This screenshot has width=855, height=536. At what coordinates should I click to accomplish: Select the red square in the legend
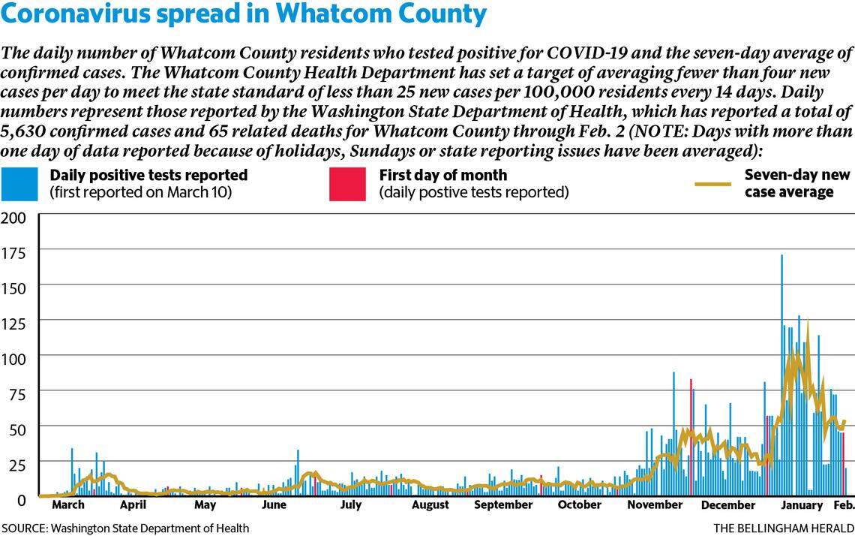348,183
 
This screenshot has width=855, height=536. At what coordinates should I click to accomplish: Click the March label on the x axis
67,505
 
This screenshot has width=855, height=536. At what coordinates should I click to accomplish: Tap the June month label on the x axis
275,505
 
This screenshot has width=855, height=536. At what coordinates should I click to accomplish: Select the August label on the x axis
430,505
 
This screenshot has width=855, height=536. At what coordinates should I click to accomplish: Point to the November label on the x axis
655,505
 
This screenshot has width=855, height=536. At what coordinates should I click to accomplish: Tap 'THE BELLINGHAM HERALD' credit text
783,528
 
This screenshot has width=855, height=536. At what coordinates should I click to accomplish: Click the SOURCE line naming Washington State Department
125,528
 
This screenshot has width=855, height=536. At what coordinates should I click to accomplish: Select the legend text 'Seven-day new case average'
796,183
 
